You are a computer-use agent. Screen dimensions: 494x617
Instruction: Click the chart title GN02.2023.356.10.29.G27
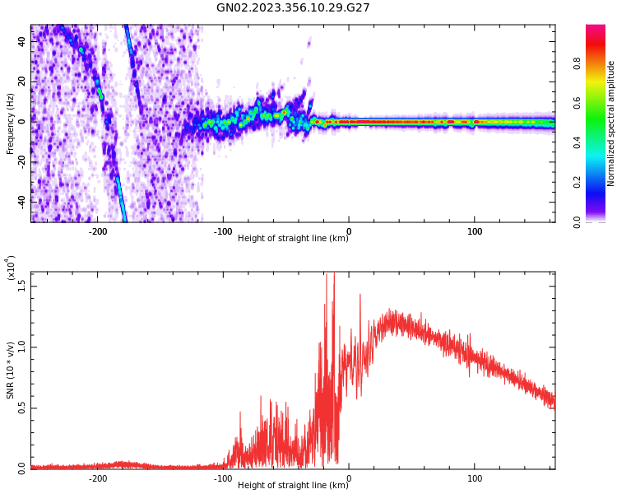293,7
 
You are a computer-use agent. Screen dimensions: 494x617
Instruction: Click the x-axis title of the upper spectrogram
293,238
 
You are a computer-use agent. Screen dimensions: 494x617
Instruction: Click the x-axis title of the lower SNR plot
293,485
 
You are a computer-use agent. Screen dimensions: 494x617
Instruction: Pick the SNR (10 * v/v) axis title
10,370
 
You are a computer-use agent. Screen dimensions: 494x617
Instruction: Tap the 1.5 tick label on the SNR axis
22,286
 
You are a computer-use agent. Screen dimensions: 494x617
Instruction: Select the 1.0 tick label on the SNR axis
22,347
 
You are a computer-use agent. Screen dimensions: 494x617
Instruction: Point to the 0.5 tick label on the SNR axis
22,408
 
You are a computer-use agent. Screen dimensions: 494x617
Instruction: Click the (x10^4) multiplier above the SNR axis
10,268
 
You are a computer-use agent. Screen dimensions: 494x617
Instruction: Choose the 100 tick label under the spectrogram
475,231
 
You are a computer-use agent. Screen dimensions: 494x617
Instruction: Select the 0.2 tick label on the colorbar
601,182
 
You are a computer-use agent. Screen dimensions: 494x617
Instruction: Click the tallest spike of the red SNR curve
333,274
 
